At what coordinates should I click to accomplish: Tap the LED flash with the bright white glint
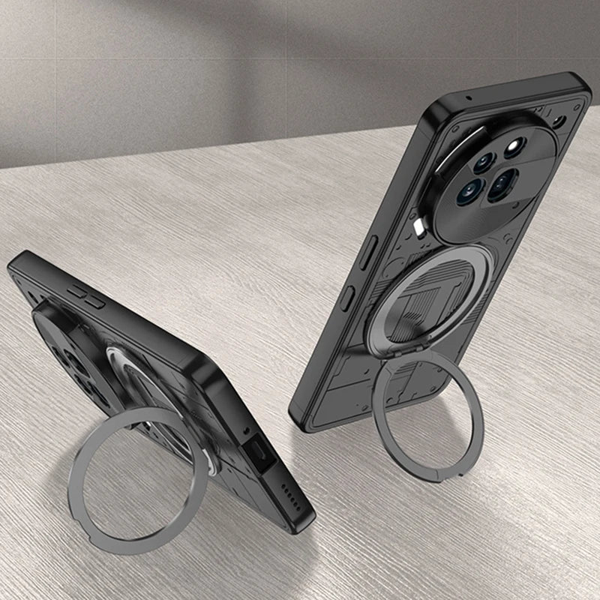coord(514,145)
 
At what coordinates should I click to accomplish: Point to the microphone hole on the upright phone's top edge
coord(469,97)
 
